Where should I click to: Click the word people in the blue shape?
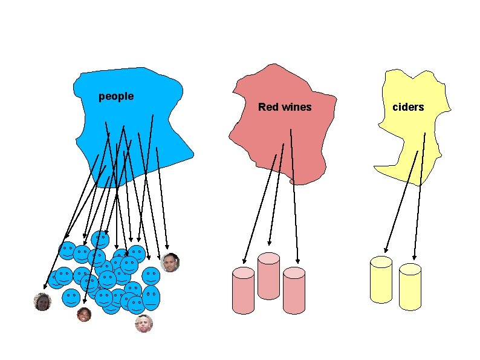point(116,96)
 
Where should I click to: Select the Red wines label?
point(285,107)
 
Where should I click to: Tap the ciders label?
point(409,107)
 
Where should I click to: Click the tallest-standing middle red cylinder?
point(268,275)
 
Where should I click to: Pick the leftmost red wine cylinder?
point(244,290)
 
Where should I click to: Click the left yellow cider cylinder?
point(381,279)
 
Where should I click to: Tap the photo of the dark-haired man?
point(171,263)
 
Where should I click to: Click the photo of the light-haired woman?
point(42,301)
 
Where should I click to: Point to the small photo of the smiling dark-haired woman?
point(84,315)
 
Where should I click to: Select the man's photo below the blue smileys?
point(144,324)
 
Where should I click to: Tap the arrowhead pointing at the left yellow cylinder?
point(386,249)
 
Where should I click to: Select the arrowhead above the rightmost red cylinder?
point(298,261)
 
